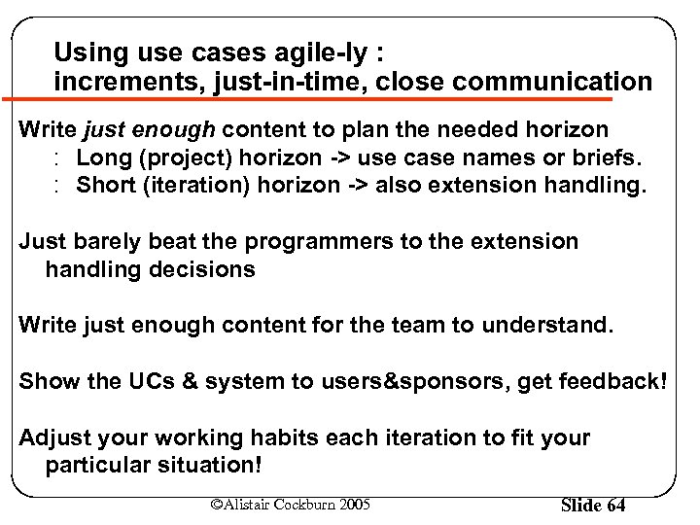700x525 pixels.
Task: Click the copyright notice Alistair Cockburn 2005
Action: tap(291, 504)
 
